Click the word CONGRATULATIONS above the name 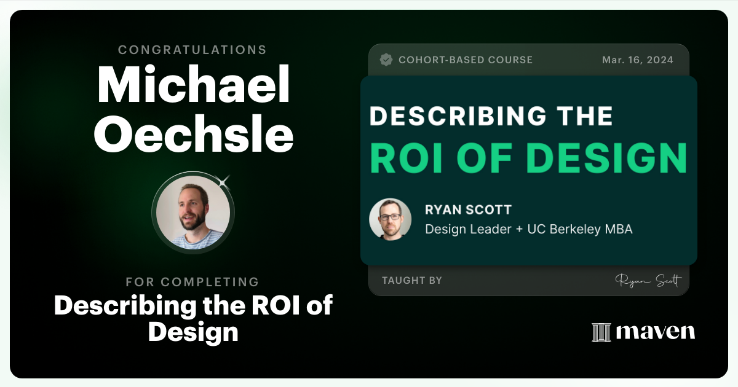[x=192, y=50]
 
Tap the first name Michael [x=193, y=87]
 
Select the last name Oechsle [x=193, y=136]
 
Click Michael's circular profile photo [x=192, y=212]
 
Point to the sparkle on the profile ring [x=224, y=181]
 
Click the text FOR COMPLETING [x=192, y=282]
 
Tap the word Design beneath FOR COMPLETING [x=192, y=332]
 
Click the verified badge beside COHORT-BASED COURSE [x=386, y=60]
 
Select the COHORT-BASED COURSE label [x=466, y=60]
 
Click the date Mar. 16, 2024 [x=638, y=60]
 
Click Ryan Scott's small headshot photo [x=390, y=219]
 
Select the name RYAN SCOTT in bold [x=468, y=210]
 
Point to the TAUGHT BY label [x=411, y=281]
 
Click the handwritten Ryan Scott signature [x=648, y=281]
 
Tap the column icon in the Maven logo [x=601, y=332]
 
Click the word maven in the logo [x=656, y=332]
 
